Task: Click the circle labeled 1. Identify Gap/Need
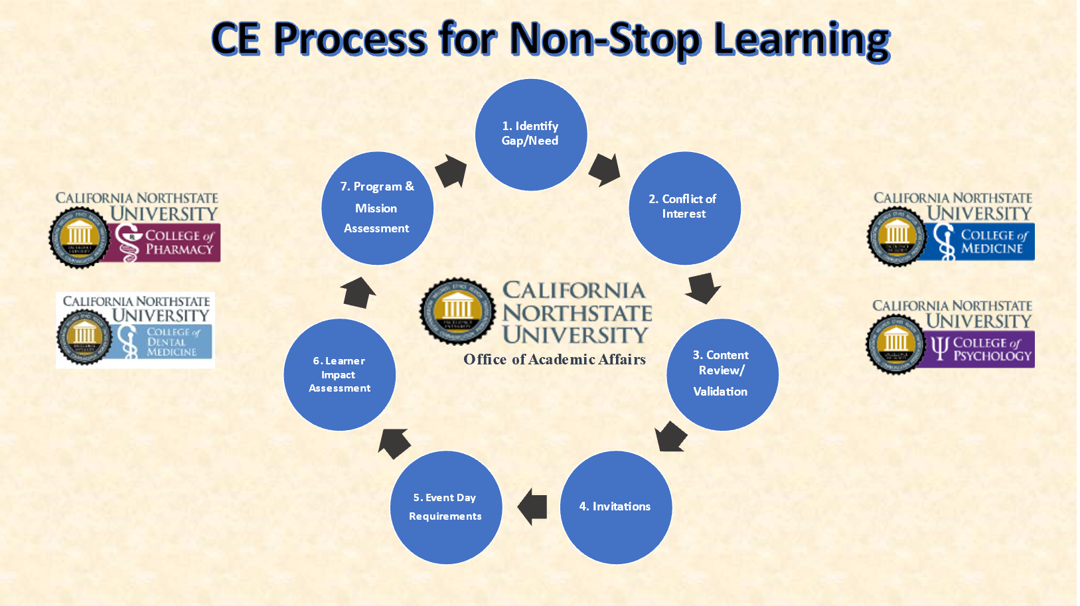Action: tap(531, 135)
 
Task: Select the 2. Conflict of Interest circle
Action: tap(684, 208)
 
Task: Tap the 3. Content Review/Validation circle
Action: tap(722, 374)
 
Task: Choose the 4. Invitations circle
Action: tap(616, 507)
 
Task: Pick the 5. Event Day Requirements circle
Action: tap(446, 507)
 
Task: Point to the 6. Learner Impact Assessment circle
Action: tap(340, 374)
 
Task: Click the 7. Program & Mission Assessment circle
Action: tap(377, 208)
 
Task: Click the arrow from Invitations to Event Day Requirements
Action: tap(532, 507)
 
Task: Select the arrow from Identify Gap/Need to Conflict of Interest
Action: tap(604, 169)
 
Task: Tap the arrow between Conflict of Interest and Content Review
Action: tap(702, 288)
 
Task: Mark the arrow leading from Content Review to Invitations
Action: tap(670, 437)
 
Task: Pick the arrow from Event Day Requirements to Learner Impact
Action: tap(394, 443)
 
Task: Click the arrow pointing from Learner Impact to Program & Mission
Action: tap(358, 292)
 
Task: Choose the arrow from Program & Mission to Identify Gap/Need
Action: tap(451, 171)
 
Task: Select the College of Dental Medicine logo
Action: tap(135, 330)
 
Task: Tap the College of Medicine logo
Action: tap(951, 228)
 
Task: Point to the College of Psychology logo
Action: tap(951, 336)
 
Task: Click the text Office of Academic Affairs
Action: tap(554, 360)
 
